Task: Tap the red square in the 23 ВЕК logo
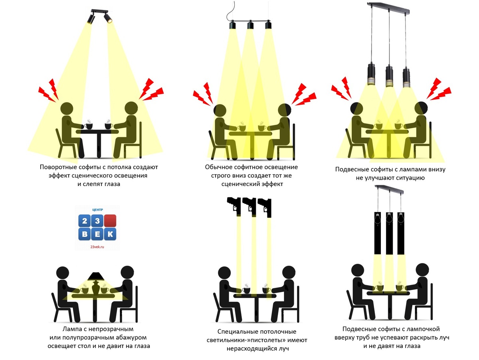(x=110, y=221)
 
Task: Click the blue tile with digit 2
(x=85, y=221)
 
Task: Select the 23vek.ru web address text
(x=97, y=247)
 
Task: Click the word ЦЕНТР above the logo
(x=97, y=210)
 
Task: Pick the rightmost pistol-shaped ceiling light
(x=265, y=208)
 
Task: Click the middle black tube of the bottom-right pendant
(x=389, y=233)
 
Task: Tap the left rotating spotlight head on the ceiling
(x=91, y=18)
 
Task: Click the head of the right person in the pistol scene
(x=289, y=272)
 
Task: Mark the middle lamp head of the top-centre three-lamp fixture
(x=250, y=24)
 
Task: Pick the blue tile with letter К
(x=110, y=234)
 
